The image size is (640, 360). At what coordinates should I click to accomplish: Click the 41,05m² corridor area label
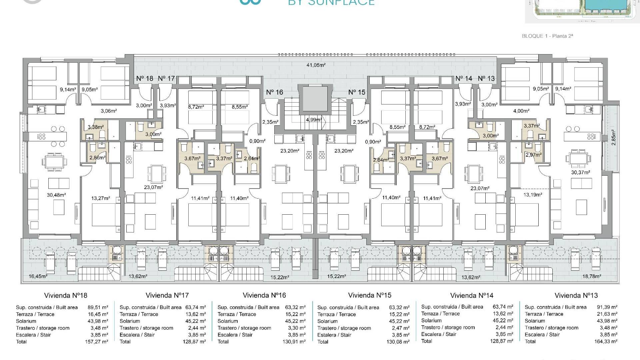316,65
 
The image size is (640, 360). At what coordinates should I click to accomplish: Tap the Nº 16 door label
275,92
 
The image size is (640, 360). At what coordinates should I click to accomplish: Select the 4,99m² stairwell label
314,120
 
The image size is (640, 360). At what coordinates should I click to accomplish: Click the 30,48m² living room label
56,195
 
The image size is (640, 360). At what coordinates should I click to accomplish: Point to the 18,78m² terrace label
591,276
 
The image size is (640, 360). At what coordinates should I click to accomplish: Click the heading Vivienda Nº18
66,295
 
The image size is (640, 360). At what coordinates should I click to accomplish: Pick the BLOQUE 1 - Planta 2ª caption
547,36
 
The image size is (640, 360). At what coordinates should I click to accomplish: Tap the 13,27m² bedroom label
100,198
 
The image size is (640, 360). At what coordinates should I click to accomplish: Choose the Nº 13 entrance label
486,79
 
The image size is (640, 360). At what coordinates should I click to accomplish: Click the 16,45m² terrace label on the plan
38,276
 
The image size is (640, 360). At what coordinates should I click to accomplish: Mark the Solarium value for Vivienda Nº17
196,321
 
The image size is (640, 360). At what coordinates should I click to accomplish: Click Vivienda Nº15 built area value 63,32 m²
399,307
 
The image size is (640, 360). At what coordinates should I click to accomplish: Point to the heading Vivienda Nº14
472,295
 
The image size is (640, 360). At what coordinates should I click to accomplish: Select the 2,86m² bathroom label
97,158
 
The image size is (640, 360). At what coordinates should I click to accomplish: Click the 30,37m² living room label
581,172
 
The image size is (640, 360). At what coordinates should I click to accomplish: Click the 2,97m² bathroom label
534,155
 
